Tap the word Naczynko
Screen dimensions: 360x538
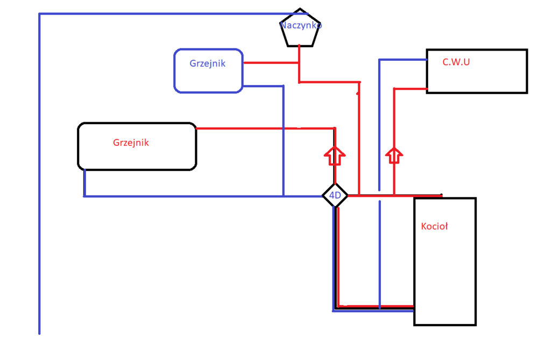click(301, 25)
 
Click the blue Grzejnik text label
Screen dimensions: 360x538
click(207, 63)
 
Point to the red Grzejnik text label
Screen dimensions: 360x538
click(131, 143)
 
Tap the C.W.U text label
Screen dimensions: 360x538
click(456, 62)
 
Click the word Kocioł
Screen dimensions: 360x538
click(434, 227)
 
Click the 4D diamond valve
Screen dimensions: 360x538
click(335, 196)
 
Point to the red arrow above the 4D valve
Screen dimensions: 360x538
click(335, 156)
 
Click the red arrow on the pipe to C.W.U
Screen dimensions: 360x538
click(394, 156)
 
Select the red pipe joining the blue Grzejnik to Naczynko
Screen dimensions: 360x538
click(271, 63)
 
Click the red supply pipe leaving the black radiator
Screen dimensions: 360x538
click(264, 128)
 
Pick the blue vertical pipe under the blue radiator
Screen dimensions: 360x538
click(283, 140)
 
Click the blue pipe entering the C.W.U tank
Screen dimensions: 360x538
click(402, 59)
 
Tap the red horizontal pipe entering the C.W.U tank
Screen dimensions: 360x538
click(410, 88)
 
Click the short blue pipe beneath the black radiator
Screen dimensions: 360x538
click(84, 183)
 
